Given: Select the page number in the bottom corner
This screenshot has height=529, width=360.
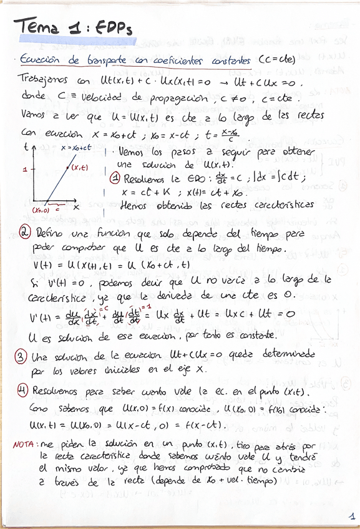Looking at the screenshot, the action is [351, 516].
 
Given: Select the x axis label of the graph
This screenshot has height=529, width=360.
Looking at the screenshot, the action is [76, 206].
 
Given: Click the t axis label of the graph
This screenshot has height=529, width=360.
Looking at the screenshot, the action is [25, 147].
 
